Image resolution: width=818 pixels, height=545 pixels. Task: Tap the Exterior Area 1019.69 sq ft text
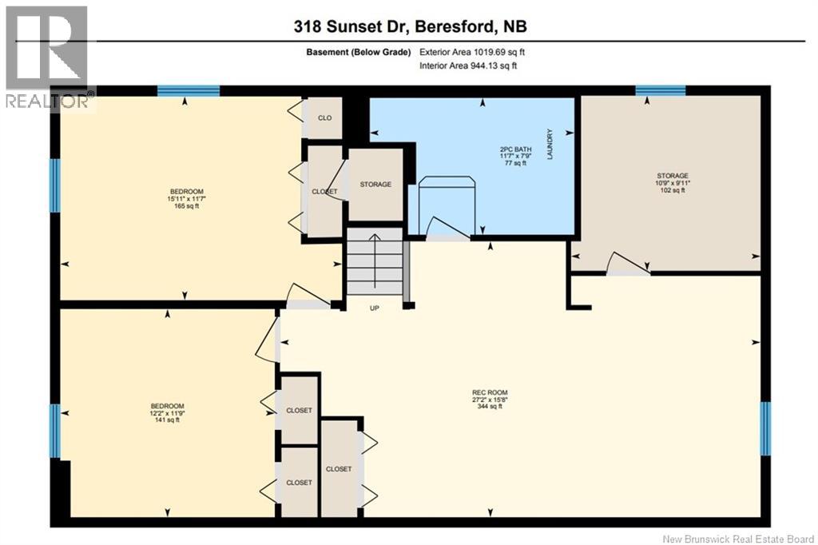pos(471,52)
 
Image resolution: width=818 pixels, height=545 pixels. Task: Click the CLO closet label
pos(324,118)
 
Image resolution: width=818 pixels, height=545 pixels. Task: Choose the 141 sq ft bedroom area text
pos(168,420)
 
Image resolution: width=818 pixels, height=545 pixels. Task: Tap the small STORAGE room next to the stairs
pos(375,184)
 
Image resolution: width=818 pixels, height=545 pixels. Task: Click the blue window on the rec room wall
pos(764,428)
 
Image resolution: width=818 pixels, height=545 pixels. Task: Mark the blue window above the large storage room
pos(660,90)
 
